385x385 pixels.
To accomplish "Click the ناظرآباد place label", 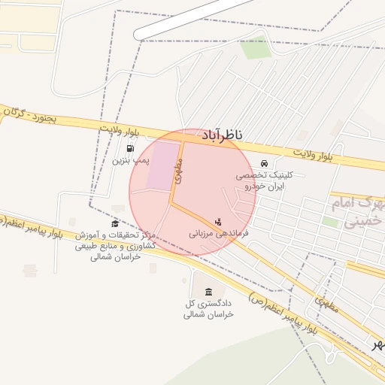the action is [223, 135].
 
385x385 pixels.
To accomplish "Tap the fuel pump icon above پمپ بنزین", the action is [132, 148].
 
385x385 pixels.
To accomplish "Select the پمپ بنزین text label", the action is [132, 160].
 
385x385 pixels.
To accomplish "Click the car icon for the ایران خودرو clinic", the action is [264, 163].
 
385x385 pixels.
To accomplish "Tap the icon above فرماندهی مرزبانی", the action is [218, 222].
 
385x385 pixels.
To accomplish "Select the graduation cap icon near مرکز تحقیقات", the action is [115, 224].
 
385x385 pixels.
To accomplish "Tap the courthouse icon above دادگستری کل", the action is [208, 292].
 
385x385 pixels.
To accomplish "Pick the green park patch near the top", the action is [256, 47].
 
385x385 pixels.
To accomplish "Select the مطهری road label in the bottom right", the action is [328, 304].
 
